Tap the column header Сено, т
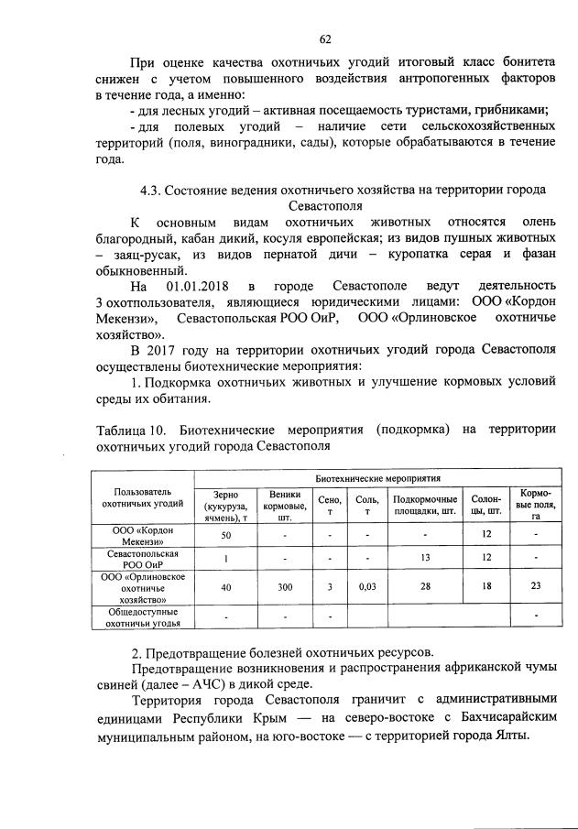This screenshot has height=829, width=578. pyautogui.click(x=333, y=500)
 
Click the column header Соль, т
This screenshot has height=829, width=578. pyautogui.click(x=365, y=500)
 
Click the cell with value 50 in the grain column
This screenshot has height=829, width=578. pyautogui.click(x=225, y=534)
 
